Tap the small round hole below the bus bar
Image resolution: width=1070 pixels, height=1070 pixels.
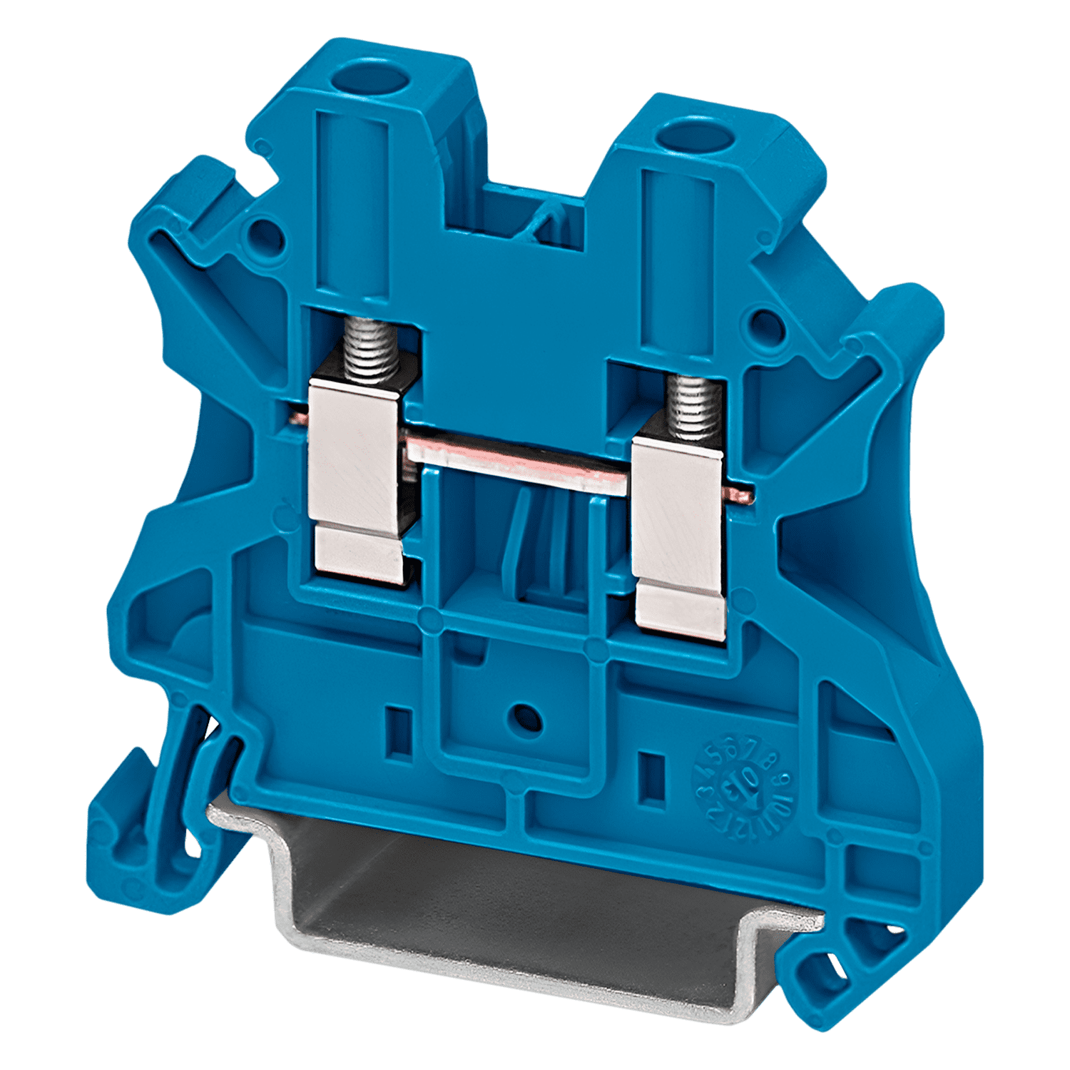pyautogui.click(x=525, y=715)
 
